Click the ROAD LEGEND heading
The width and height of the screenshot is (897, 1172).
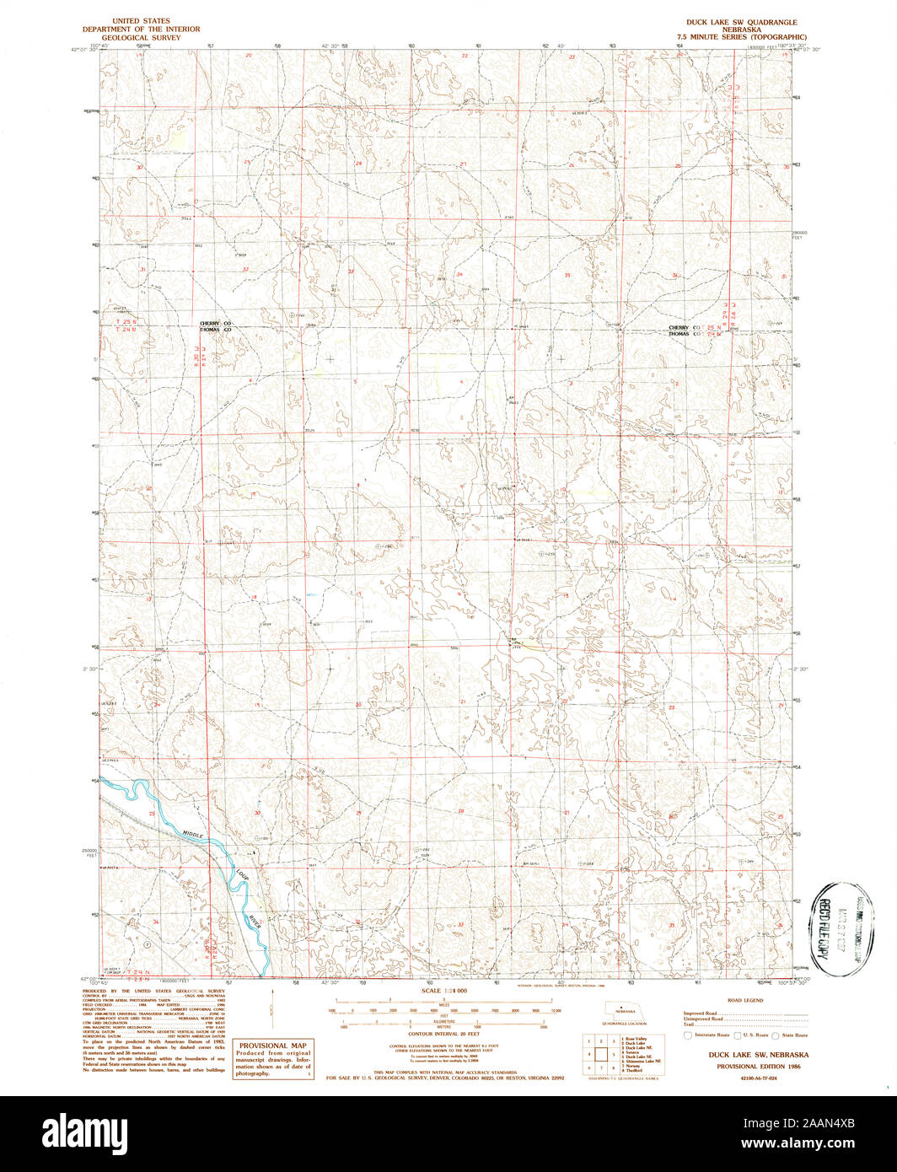745,1000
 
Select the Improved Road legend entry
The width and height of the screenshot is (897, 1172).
701,1013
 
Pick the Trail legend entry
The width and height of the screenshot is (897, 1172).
689,1025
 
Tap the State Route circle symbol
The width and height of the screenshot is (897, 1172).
778,1035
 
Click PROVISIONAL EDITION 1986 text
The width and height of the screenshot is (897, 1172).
746,1065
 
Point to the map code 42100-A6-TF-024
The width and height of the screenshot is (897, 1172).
746,1078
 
